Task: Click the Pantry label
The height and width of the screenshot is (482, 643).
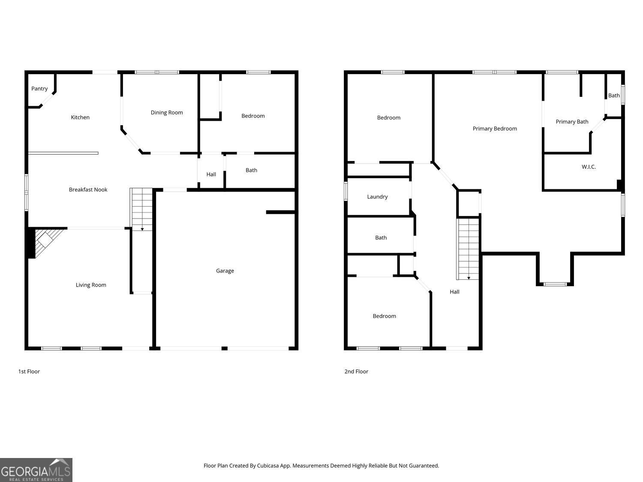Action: [x=39, y=88]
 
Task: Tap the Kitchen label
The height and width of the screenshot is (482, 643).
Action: [x=80, y=117]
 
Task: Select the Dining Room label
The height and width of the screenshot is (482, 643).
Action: [x=167, y=112]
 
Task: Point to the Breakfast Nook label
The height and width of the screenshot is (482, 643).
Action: [x=88, y=189]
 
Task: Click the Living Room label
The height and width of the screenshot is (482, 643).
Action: [x=91, y=285]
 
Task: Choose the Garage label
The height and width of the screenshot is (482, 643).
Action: [x=225, y=271]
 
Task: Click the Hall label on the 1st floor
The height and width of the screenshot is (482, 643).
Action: [x=211, y=174]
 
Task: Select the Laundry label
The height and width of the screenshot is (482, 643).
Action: [x=377, y=197]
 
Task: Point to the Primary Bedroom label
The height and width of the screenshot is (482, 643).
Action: [x=495, y=129]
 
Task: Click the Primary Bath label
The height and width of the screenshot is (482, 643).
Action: [x=571, y=121]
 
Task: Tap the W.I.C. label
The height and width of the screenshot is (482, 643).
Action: [x=588, y=167]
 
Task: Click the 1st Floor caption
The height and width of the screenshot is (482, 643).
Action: [x=29, y=371]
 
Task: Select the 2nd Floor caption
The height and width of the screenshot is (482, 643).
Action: [x=356, y=371]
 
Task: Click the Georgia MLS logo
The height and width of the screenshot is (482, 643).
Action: [x=36, y=470]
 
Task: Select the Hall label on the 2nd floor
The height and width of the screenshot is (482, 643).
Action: [x=454, y=291]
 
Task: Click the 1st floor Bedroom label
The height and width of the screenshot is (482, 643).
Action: [x=253, y=116]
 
